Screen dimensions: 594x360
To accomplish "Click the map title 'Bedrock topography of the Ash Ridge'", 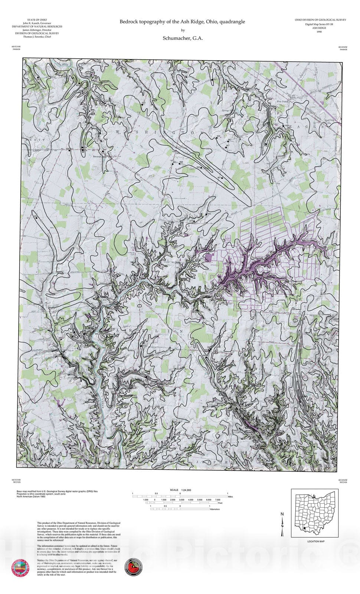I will click(x=182, y=22).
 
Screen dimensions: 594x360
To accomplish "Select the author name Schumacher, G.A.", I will click(x=183, y=38).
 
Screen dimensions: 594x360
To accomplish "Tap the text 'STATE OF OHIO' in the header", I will click(x=37, y=20).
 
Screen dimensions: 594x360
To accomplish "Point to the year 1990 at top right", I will click(x=319, y=32).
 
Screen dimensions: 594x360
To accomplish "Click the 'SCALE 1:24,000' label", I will click(x=180, y=490).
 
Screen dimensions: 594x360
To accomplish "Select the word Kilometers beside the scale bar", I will click(x=215, y=509).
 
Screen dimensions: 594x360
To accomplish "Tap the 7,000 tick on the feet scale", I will click(x=218, y=500).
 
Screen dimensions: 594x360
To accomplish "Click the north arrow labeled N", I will click(x=282, y=523).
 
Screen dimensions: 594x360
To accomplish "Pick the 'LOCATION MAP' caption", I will click(x=316, y=541).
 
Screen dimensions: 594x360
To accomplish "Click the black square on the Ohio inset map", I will click(x=305, y=528).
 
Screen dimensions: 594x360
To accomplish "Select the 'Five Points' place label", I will click(x=282, y=101).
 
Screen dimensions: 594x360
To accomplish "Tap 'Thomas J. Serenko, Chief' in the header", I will click(x=37, y=37).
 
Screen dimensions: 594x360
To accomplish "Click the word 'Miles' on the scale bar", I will click(x=230, y=496).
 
